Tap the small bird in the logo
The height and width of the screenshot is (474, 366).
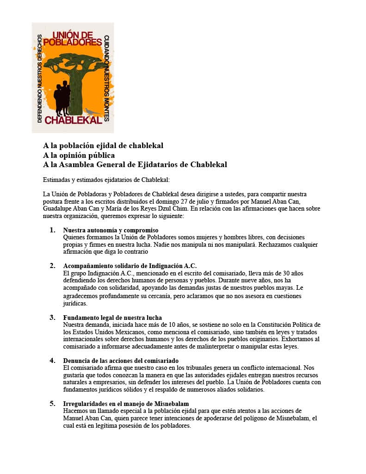[x=92, y=112]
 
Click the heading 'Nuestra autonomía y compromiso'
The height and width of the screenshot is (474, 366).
[x=111, y=230]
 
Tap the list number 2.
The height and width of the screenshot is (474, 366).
[x=53, y=266]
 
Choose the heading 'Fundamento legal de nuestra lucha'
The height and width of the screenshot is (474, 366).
[x=112, y=318]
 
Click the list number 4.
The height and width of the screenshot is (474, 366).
[x=53, y=360]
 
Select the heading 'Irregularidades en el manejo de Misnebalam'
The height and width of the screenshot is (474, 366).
[x=125, y=404]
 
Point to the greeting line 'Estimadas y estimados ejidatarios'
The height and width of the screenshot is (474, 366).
[x=106, y=180]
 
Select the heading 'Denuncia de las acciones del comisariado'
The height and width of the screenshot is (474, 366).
[x=121, y=361]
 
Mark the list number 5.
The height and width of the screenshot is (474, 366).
[x=53, y=404]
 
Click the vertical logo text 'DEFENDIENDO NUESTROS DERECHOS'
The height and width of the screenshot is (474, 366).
[x=39, y=77]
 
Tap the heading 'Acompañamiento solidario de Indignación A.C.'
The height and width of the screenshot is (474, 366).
[x=130, y=266]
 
